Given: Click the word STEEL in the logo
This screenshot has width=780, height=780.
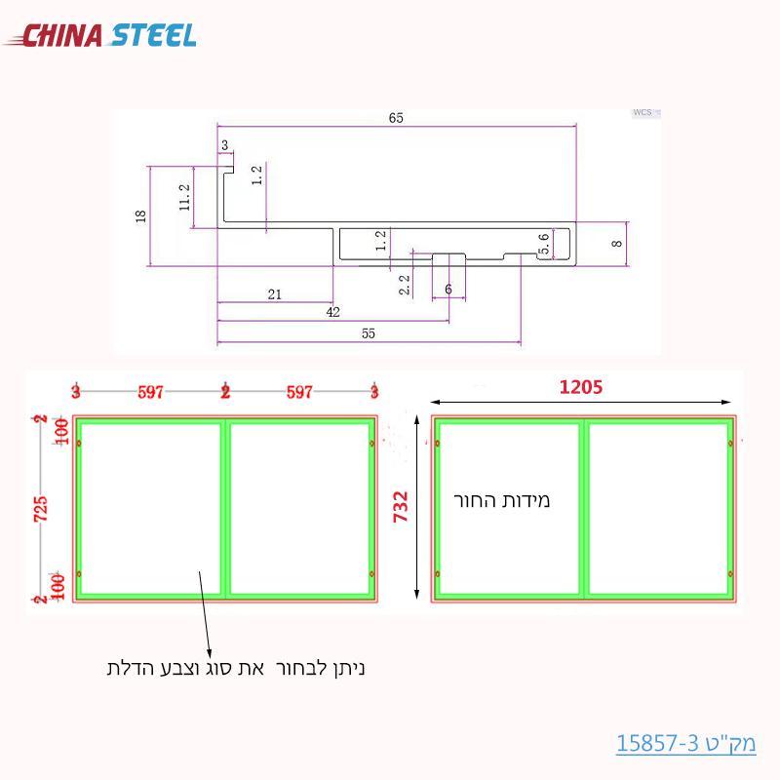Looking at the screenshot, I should coord(153,36).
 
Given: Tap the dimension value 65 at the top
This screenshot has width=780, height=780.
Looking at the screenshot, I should coord(396,118).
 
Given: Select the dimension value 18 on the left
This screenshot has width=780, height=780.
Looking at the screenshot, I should coord(140,215).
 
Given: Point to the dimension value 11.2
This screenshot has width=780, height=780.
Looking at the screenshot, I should coord(184,197).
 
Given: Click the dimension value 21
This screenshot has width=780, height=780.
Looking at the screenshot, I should coord(274,293).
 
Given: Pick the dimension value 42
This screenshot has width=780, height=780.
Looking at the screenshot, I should coord(333,312).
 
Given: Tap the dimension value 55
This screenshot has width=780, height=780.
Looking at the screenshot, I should coord(368,333).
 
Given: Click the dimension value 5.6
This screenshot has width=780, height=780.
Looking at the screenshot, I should coord(545,244).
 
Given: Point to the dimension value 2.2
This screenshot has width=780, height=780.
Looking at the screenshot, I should coord(405,284).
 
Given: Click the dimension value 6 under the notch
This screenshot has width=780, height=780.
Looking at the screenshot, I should coord(448,290).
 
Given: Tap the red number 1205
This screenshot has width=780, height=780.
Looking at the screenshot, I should coord(581,387).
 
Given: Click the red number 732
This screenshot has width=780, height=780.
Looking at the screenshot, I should coord(400,506).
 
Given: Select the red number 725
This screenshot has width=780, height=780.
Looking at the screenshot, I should coord(41,507).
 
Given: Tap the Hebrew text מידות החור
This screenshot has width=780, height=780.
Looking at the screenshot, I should coord(502,500).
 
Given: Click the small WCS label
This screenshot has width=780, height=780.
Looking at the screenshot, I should coord(642,113).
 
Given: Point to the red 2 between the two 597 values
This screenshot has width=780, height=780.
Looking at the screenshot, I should coord(225,392).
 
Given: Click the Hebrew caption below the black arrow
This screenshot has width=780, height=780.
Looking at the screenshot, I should coord(235,668).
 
